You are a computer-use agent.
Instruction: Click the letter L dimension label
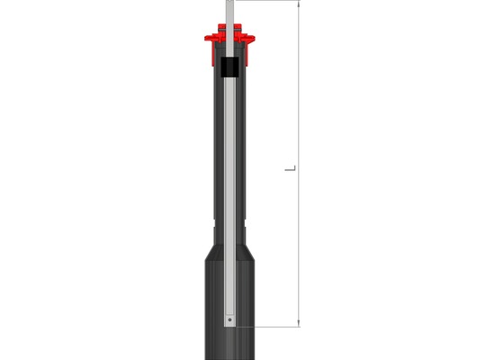290,168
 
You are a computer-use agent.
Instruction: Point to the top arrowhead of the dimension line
299,4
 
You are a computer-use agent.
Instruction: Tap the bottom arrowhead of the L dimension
299,324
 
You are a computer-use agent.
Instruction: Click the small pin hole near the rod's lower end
229,319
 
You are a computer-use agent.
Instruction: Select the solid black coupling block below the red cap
229,67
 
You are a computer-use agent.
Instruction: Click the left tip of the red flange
205,39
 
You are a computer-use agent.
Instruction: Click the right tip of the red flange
254,39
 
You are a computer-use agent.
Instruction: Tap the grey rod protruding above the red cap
229,13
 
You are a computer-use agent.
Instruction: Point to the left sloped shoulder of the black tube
212,253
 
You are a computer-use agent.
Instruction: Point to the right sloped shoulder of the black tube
247,253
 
